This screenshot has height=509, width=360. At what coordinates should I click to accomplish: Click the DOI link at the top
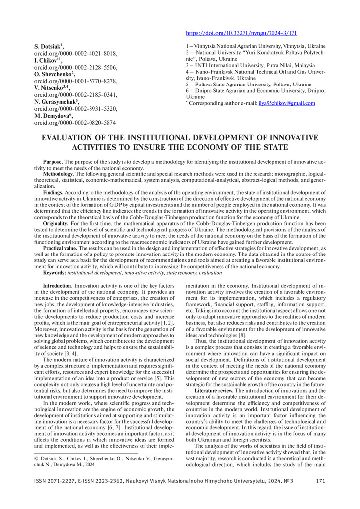241,33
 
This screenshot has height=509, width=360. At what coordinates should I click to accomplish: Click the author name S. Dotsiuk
55,46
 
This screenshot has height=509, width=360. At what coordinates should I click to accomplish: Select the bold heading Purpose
53,162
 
